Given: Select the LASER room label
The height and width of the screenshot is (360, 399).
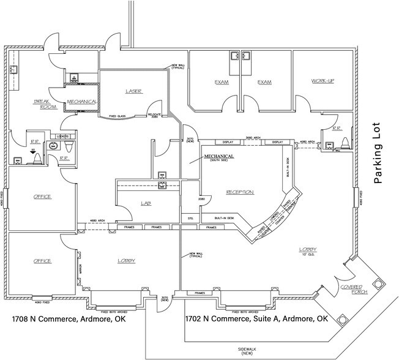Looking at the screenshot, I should point(134,91).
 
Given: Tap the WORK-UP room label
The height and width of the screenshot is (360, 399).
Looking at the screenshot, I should point(322,81).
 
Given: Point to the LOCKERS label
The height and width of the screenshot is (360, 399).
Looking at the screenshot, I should point(62,136).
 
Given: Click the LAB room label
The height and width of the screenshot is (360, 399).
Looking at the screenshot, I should point(145,203).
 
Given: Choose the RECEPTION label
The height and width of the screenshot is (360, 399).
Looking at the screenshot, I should point(240,192).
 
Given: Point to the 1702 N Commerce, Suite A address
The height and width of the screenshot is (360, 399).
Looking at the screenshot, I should point(253,320).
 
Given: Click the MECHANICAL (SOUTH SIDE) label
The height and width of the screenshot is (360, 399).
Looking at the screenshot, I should point(218,157).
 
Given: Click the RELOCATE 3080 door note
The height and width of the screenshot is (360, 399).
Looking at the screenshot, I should point(154,113).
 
